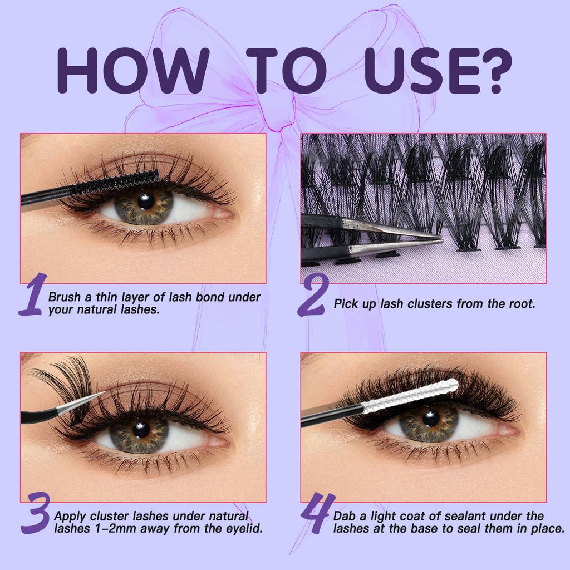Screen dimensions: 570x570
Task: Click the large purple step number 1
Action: point(32,295)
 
